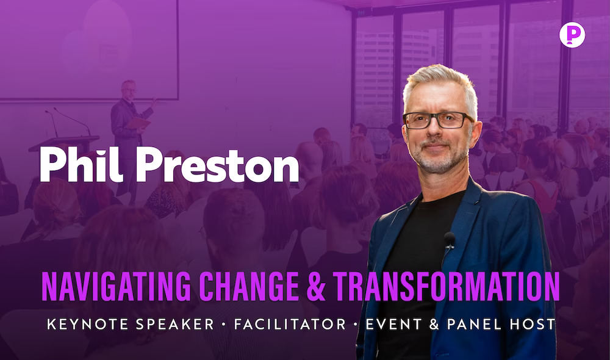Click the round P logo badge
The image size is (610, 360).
click(572, 35)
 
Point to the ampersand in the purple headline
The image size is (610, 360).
click(316, 286)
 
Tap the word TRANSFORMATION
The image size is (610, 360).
click(446, 286)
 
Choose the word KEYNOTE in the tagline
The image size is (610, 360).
click(87, 324)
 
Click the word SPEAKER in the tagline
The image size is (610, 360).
click(174, 324)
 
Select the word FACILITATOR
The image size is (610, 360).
click(290, 324)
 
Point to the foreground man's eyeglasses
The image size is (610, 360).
click(438, 120)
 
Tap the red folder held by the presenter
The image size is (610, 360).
click(138, 123)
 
